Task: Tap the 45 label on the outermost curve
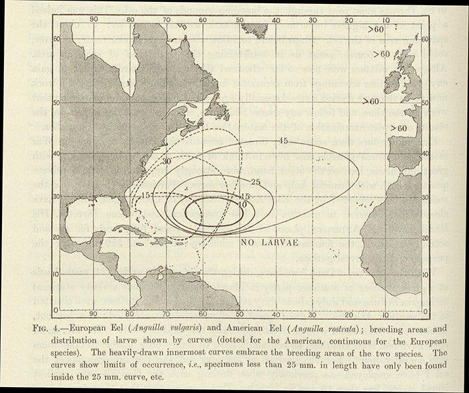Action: point(283,141)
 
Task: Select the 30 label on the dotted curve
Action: point(168,161)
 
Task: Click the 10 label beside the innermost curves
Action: point(243,204)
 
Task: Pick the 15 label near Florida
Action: point(146,196)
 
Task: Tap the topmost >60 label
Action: point(376,30)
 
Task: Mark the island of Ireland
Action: point(393,82)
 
